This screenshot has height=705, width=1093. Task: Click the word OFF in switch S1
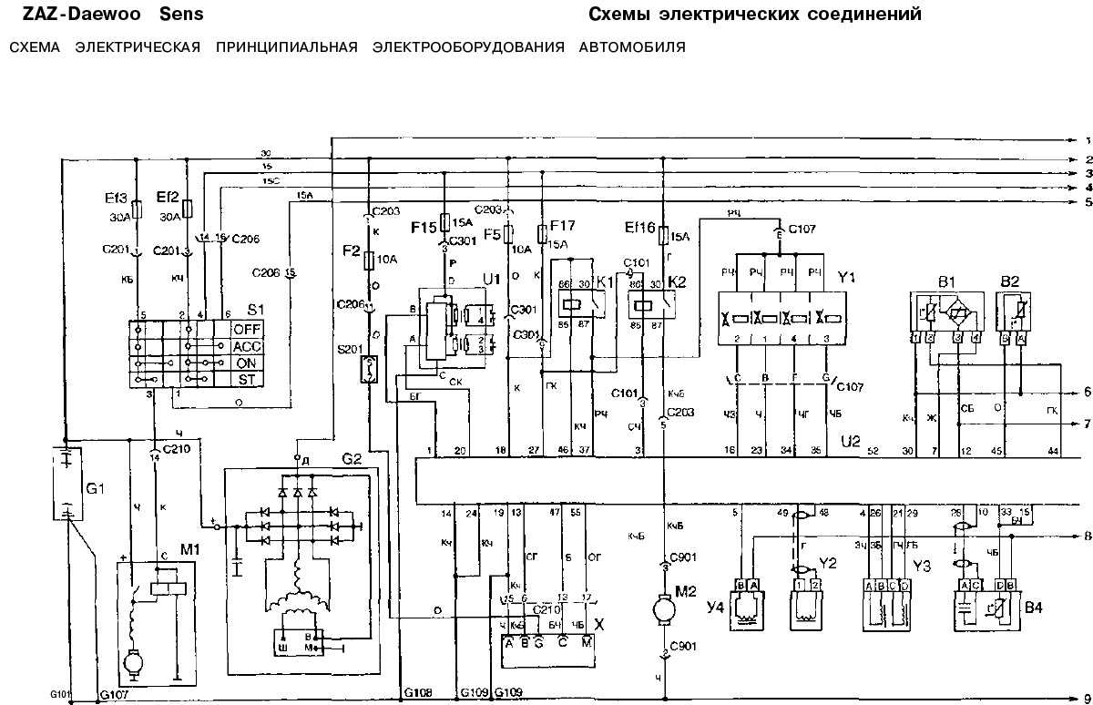(247, 329)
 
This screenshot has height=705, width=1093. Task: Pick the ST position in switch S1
(247, 379)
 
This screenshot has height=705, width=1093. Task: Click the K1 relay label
(605, 282)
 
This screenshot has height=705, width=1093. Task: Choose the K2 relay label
(677, 282)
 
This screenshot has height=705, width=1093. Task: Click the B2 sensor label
(1011, 281)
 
